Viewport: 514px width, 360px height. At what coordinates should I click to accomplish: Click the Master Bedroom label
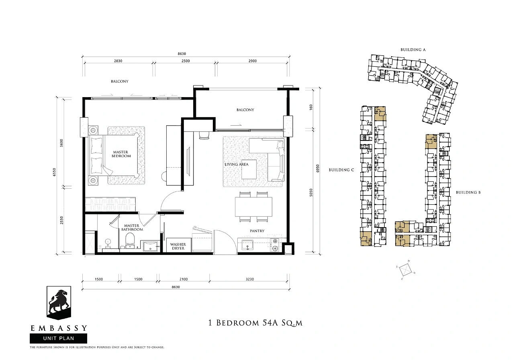[121, 154]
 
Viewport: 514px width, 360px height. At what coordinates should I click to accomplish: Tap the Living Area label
[237, 164]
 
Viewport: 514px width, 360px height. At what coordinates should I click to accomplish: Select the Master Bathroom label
[132, 228]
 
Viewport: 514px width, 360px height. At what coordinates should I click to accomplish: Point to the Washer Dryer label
[178, 246]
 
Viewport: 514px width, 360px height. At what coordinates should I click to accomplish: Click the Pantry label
[257, 231]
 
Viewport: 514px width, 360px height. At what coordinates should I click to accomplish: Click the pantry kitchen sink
[247, 245]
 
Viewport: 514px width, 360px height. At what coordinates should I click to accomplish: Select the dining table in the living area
[253, 207]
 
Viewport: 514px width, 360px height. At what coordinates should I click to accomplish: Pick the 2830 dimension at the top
[118, 61]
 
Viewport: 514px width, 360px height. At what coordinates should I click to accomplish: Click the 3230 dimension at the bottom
[250, 279]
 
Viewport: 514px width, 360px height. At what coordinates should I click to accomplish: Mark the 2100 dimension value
[184, 279]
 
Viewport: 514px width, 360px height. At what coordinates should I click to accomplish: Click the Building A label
[413, 49]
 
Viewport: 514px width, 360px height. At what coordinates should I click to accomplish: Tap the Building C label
[341, 170]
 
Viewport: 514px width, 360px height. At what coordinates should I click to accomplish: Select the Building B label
[468, 192]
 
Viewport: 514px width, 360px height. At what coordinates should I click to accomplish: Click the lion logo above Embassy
[59, 303]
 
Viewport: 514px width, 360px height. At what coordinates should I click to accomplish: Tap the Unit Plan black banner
[59, 338]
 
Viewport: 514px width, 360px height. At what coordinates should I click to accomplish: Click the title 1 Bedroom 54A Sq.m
[255, 323]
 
